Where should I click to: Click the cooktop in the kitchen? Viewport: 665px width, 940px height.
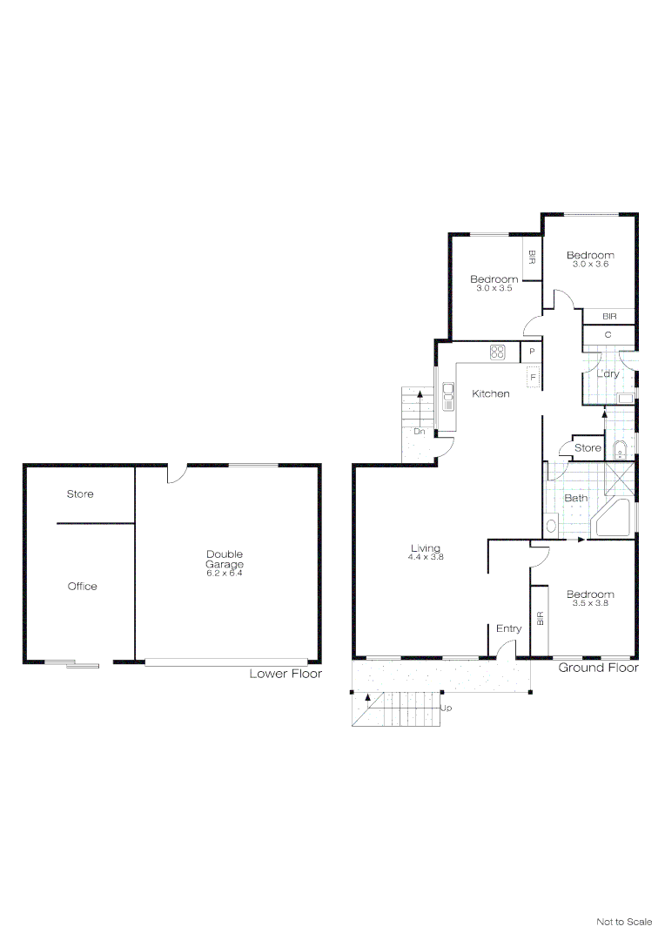(498, 352)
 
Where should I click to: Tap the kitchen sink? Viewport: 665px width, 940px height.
(448, 396)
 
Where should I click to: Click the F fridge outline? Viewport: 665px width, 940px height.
(532, 378)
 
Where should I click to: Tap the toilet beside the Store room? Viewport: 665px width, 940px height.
(620, 449)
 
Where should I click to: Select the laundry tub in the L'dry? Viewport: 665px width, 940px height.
(625, 399)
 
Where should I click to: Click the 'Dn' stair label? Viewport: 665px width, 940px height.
(419, 431)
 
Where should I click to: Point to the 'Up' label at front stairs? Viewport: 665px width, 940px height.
(447, 708)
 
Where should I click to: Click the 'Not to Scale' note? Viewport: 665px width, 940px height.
(623, 921)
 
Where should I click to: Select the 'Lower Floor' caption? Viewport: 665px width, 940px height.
(285, 674)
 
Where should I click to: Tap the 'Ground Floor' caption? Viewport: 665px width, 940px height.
(598, 668)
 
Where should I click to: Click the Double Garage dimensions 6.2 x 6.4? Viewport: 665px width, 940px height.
(225, 573)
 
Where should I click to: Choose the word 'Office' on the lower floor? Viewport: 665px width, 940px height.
(83, 587)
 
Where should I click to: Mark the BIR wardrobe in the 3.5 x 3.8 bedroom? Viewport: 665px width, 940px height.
(540, 620)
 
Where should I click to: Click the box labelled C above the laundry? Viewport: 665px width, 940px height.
(608, 335)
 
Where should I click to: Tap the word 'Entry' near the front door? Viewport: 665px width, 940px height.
(508, 628)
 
